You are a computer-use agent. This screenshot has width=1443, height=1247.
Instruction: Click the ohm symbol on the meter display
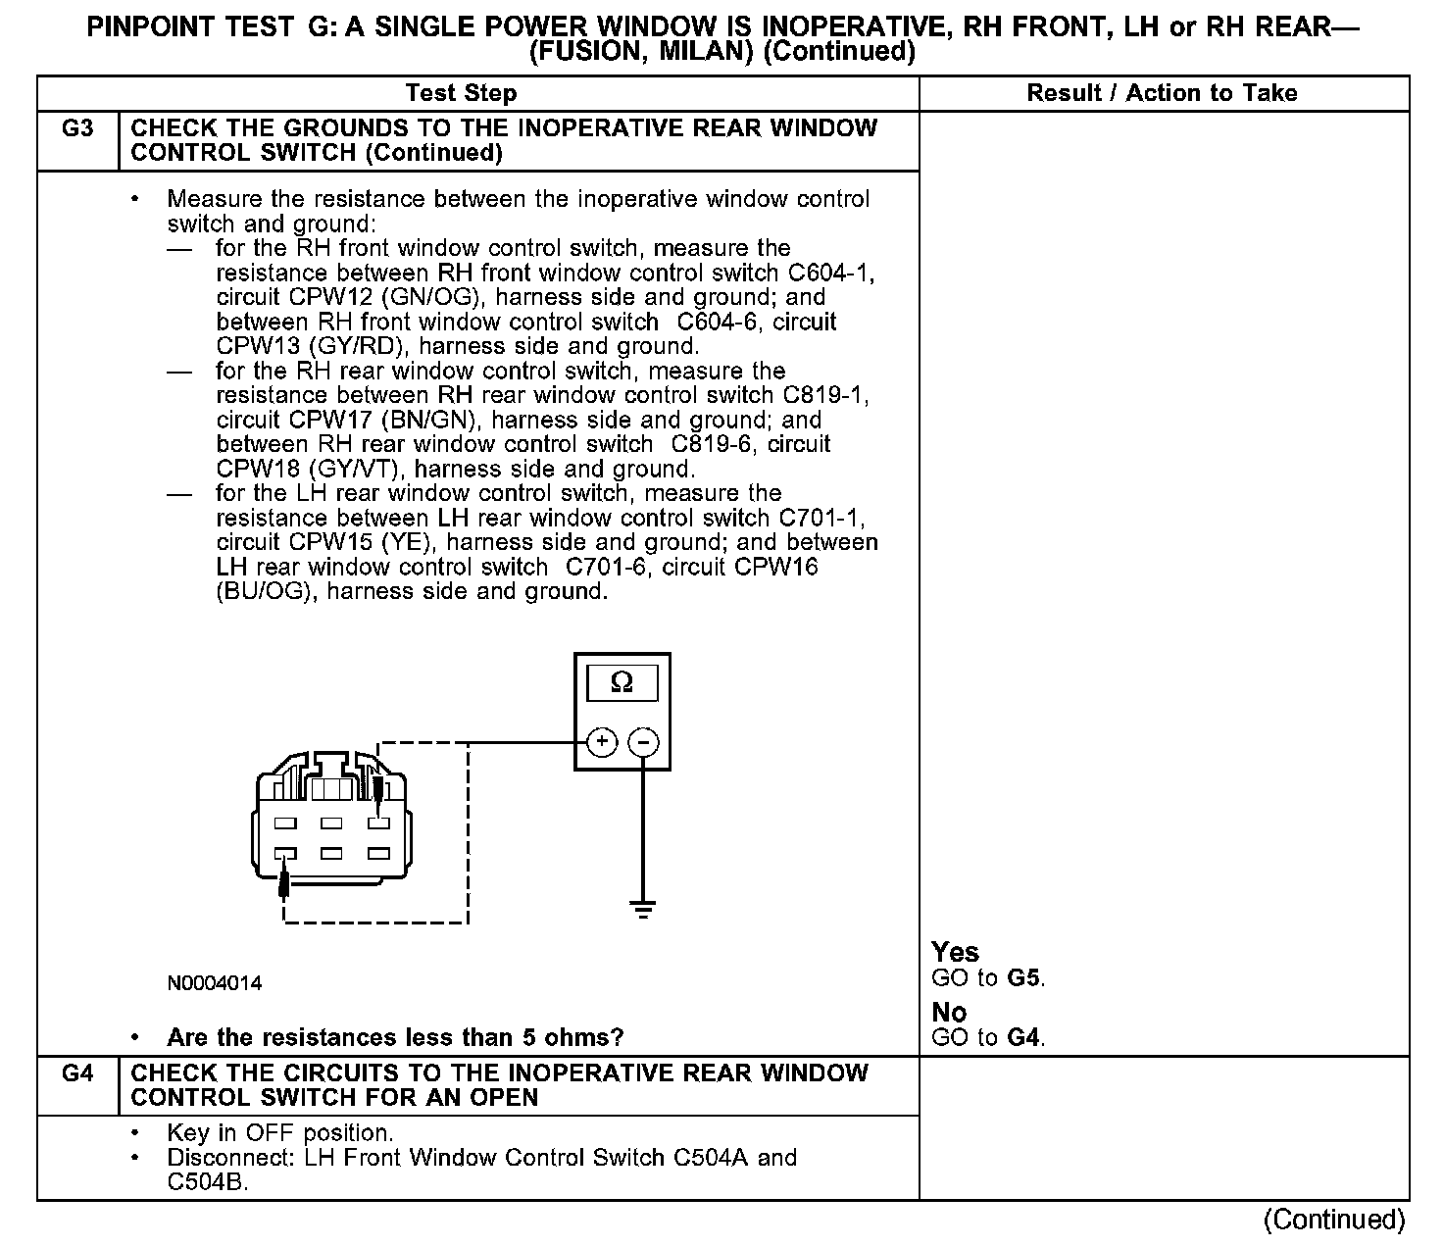tap(622, 682)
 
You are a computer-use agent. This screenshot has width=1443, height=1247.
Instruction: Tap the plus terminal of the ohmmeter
tap(602, 742)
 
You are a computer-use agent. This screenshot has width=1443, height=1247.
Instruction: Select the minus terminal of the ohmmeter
tap(643, 742)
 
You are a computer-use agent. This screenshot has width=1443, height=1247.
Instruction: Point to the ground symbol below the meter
tap(643, 909)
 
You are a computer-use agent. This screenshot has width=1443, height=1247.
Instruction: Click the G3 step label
tap(77, 129)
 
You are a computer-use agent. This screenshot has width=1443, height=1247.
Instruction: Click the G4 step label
tap(77, 1073)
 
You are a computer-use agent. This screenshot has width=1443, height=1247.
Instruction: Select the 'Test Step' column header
tap(461, 93)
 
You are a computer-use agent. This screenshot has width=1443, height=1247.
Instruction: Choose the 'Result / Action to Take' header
tap(1162, 93)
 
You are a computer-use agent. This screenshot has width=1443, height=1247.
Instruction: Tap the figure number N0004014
tap(214, 983)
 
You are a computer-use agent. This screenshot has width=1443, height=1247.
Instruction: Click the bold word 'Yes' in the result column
tap(955, 952)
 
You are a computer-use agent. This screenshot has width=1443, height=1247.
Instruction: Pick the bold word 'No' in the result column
tap(949, 1012)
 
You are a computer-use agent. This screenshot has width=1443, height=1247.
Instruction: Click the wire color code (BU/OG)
tap(267, 591)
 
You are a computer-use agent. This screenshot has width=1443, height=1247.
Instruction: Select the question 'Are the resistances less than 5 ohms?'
tap(395, 1037)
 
